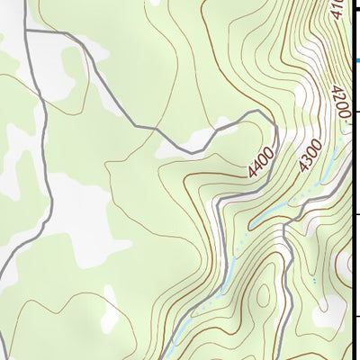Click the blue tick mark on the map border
(x=356, y=60)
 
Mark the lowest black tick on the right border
(x=356, y=317)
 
